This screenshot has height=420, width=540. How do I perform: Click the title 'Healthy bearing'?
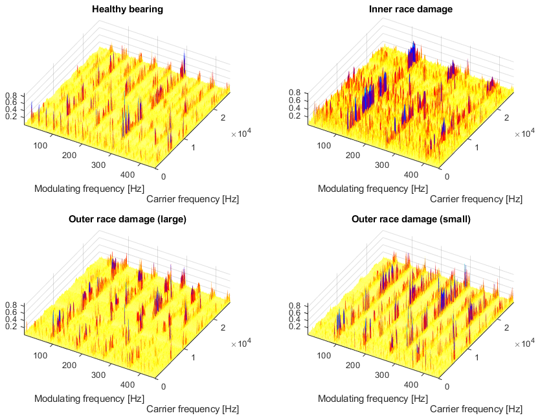[x=128, y=9]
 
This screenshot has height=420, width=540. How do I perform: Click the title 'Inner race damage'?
[x=411, y=9]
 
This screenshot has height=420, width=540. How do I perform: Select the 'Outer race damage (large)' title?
[x=128, y=219]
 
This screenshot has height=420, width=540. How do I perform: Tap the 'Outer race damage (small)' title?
[x=411, y=219]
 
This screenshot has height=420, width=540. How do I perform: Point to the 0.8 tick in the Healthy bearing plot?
[x=11, y=95]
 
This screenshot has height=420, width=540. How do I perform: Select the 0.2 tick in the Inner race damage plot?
[x=295, y=116]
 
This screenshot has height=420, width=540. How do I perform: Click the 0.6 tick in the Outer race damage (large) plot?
[x=11, y=312]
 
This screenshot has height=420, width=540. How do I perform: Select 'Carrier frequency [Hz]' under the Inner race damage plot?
[x=476, y=199]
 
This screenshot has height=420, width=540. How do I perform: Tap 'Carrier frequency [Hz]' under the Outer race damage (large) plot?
[x=192, y=409]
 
